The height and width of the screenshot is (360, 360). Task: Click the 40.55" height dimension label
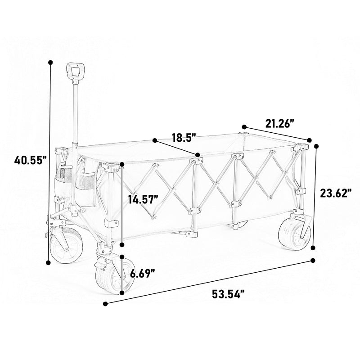point(31,160)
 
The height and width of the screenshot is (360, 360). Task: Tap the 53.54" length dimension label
point(228,294)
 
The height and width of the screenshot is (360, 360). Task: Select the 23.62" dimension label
point(336,193)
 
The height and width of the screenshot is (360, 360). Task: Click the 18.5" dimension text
point(184,138)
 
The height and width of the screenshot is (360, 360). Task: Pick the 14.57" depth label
point(144,199)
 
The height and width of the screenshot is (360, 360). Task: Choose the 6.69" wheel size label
point(143,274)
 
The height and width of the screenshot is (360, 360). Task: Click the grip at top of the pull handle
point(76,72)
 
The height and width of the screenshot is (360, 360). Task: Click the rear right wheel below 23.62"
point(295,234)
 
